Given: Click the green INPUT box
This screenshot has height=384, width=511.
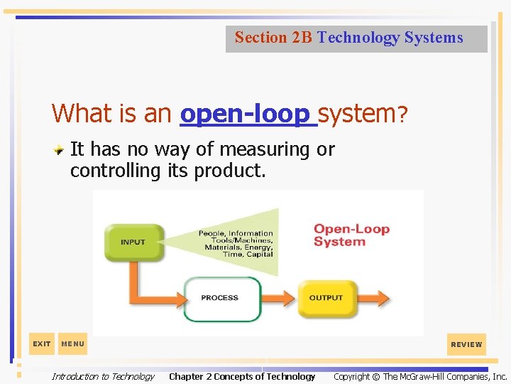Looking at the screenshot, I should (x=133, y=242).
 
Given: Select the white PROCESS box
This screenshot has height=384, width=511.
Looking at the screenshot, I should (x=221, y=298).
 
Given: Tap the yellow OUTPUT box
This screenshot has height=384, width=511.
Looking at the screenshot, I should (x=326, y=298).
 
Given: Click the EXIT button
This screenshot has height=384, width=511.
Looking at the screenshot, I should (x=42, y=344).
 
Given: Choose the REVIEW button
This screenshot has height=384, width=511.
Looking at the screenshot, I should (x=466, y=344).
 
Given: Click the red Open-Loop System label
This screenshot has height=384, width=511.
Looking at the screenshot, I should (x=352, y=235).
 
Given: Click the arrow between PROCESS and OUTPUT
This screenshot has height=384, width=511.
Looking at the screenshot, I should (x=281, y=298).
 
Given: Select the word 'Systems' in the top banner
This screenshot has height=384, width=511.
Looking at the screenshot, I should (x=434, y=38).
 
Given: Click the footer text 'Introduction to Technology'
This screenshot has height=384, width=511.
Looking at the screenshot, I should (x=103, y=376).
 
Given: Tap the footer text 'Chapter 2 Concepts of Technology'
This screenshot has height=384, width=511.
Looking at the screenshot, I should (x=242, y=376).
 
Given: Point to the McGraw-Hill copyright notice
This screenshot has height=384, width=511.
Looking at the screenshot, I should (x=420, y=376).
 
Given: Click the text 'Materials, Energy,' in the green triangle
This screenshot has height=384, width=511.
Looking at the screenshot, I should (x=239, y=247).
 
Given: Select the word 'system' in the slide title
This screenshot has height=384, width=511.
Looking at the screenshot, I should (x=357, y=113).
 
